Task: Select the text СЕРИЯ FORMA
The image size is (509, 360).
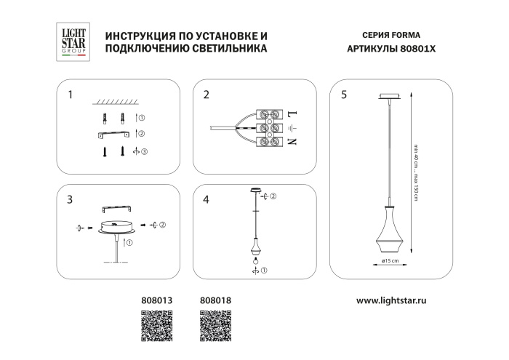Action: coord(390,35)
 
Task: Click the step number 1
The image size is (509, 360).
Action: coord(71,95)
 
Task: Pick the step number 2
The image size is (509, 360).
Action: coord(207,95)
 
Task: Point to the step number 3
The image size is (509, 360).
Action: coord(71,199)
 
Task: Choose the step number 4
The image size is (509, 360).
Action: coord(207,199)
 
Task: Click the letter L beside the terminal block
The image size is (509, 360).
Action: coord(293,115)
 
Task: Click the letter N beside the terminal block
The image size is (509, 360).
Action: coord(293,141)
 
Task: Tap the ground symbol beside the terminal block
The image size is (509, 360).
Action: coord(293,128)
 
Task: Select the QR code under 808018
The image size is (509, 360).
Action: coord(212,324)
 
